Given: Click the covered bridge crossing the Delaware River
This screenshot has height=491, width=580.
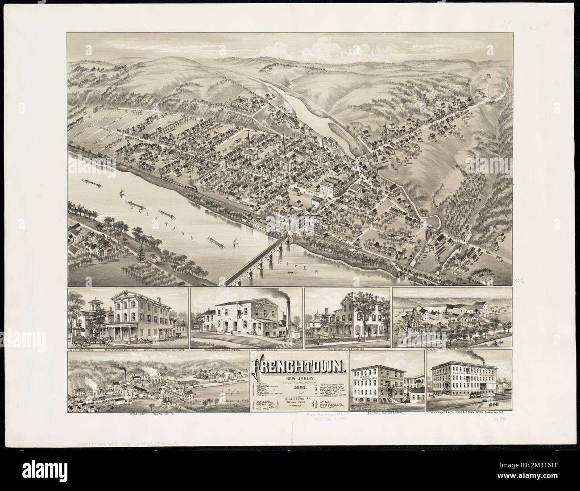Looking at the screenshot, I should coord(259,261).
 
